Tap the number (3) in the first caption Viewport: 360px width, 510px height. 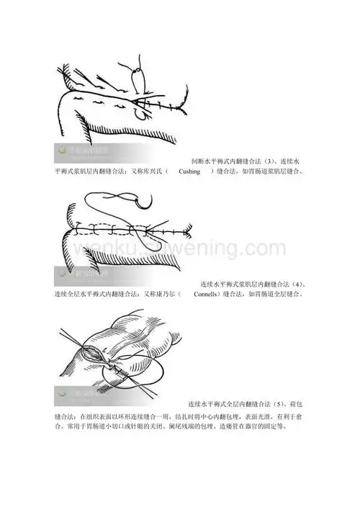(x=268, y=161)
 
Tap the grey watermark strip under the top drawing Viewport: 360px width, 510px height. (x=84, y=151)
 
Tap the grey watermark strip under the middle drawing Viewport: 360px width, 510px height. (x=84, y=274)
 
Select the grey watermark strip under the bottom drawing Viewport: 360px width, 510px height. (x=84, y=394)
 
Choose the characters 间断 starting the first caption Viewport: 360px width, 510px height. (x=197, y=161)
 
